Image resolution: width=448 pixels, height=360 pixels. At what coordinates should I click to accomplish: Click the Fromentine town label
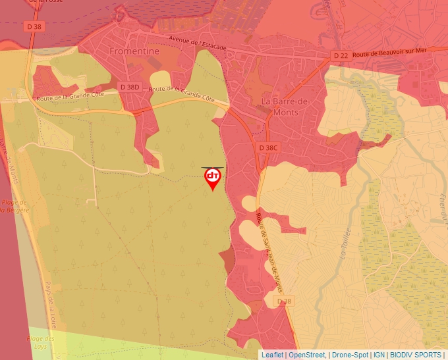click(x=134, y=50)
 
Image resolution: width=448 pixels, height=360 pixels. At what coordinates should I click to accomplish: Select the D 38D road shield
click(x=130, y=86)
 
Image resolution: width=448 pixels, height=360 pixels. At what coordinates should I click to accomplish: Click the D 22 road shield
click(x=341, y=56)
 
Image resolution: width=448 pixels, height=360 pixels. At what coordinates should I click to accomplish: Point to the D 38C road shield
click(x=268, y=147)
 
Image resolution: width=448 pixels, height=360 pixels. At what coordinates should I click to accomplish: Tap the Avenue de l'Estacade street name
click(x=197, y=43)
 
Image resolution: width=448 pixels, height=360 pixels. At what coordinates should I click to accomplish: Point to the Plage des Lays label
click(x=41, y=343)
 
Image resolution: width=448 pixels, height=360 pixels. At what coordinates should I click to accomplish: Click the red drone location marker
click(x=212, y=178)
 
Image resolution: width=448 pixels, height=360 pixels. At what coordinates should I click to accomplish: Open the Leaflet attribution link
click(x=272, y=355)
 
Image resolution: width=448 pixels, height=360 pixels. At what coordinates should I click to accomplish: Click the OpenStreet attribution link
click(x=307, y=355)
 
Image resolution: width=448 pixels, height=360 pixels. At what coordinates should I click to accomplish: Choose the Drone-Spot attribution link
click(x=350, y=355)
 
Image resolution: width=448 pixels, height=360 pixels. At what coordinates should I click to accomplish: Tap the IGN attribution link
click(x=379, y=355)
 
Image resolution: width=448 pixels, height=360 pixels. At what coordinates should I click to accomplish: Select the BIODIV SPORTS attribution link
click(x=416, y=355)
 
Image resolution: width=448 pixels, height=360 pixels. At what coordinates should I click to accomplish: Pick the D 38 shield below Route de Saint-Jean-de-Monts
click(x=284, y=301)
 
